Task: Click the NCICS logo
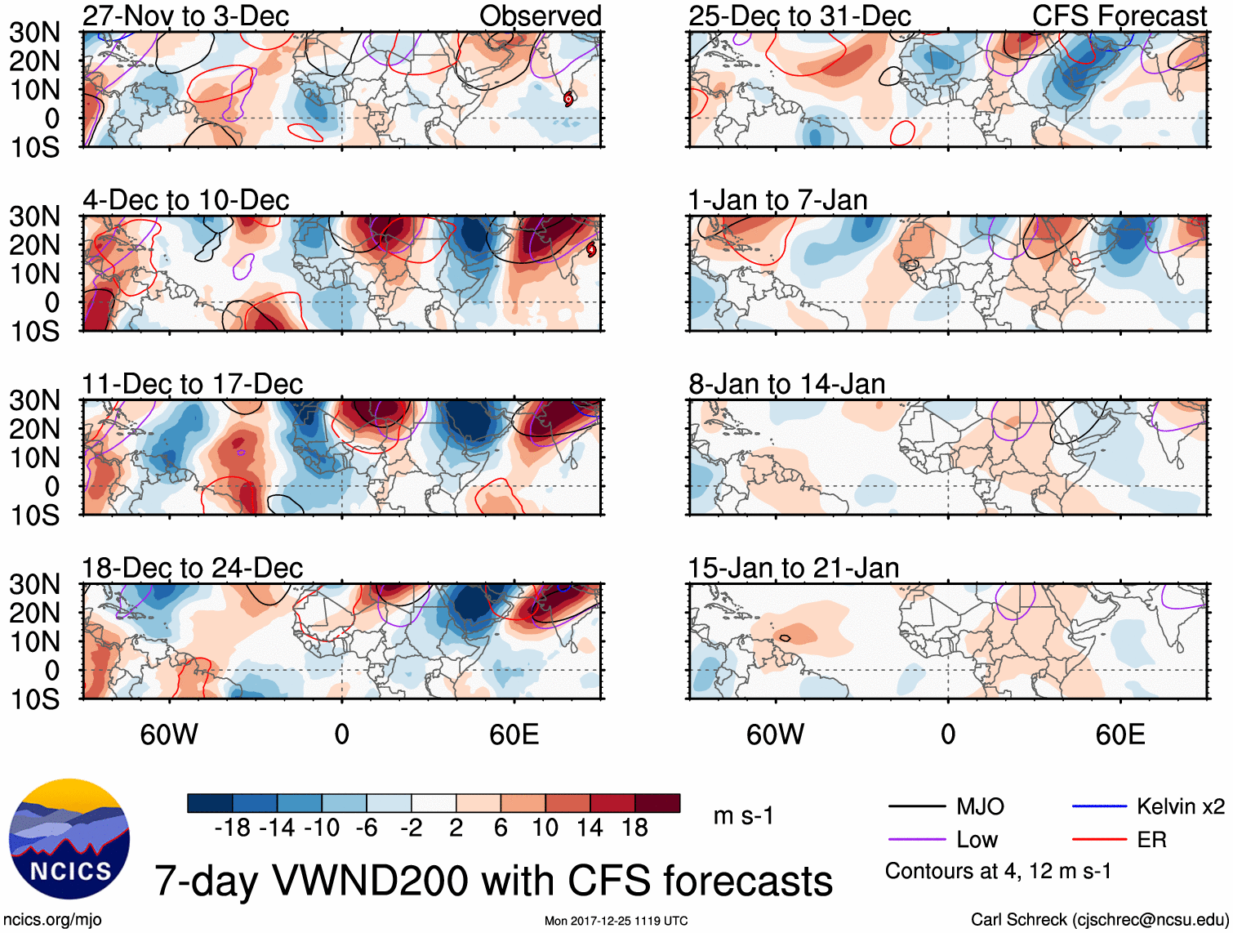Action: point(69,839)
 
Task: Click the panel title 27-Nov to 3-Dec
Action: point(185,16)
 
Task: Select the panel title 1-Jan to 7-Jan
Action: point(777,200)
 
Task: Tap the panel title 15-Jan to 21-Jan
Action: point(793,568)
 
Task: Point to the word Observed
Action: point(540,16)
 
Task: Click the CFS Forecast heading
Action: point(1119,16)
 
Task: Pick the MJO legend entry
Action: point(980,806)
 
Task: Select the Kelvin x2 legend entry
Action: point(1180,806)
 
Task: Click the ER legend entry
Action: point(1151,839)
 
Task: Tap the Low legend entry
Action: point(977,839)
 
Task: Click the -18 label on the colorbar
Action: point(233,828)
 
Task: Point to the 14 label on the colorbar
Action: point(590,828)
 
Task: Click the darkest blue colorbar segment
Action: point(210,803)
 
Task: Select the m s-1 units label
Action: point(743,815)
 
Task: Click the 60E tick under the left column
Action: point(514,734)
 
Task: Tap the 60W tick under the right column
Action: point(775,734)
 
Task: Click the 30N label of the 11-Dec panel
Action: point(34,400)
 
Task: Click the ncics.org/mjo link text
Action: point(52,920)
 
